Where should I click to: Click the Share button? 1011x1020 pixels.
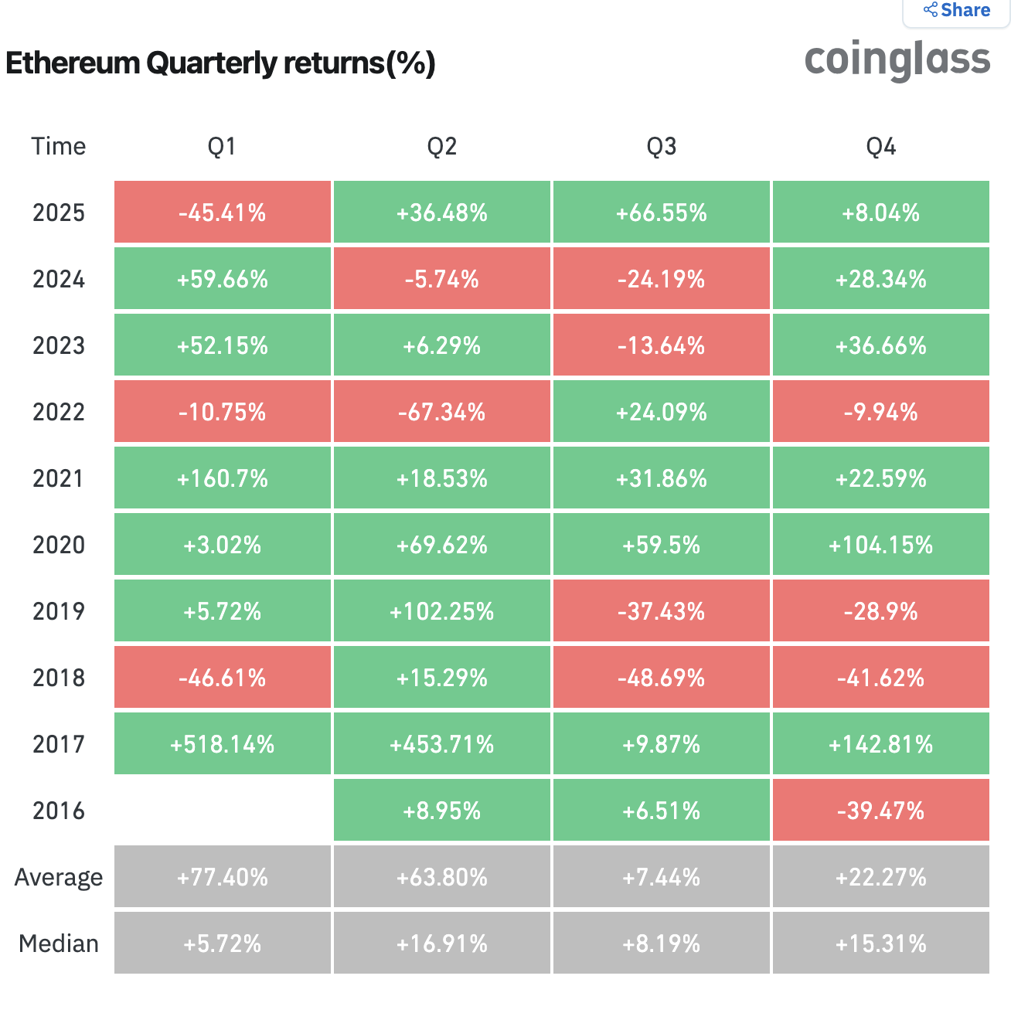tap(957, 11)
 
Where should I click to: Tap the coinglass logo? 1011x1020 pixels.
tap(897, 59)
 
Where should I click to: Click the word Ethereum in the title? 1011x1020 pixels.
tap(73, 63)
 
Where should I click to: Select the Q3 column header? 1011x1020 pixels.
tap(662, 147)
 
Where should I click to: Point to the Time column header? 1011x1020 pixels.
tap(59, 147)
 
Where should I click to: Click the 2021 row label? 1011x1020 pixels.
tap(59, 478)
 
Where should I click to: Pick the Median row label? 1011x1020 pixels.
tap(59, 943)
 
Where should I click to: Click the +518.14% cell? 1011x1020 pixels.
tap(223, 744)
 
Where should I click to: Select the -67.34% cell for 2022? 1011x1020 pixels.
tap(442, 412)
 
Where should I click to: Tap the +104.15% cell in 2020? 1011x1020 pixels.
tap(881, 545)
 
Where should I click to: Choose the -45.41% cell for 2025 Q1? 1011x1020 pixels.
tap(223, 212)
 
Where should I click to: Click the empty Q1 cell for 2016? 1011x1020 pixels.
tap(223, 810)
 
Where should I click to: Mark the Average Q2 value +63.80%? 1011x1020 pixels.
tap(442, 877)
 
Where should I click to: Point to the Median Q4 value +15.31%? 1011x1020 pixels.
tap(881, 943)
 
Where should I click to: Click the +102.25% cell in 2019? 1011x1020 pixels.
tap(442, 611)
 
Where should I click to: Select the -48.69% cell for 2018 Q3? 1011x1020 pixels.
tap(662, 678)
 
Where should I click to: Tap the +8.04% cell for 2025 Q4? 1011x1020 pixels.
tap(881, 212)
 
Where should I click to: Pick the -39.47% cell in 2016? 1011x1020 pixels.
tap(881, 811)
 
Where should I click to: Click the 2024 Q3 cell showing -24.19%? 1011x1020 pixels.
tap(662, 279)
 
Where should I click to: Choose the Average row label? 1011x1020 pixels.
tap(59, 877)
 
